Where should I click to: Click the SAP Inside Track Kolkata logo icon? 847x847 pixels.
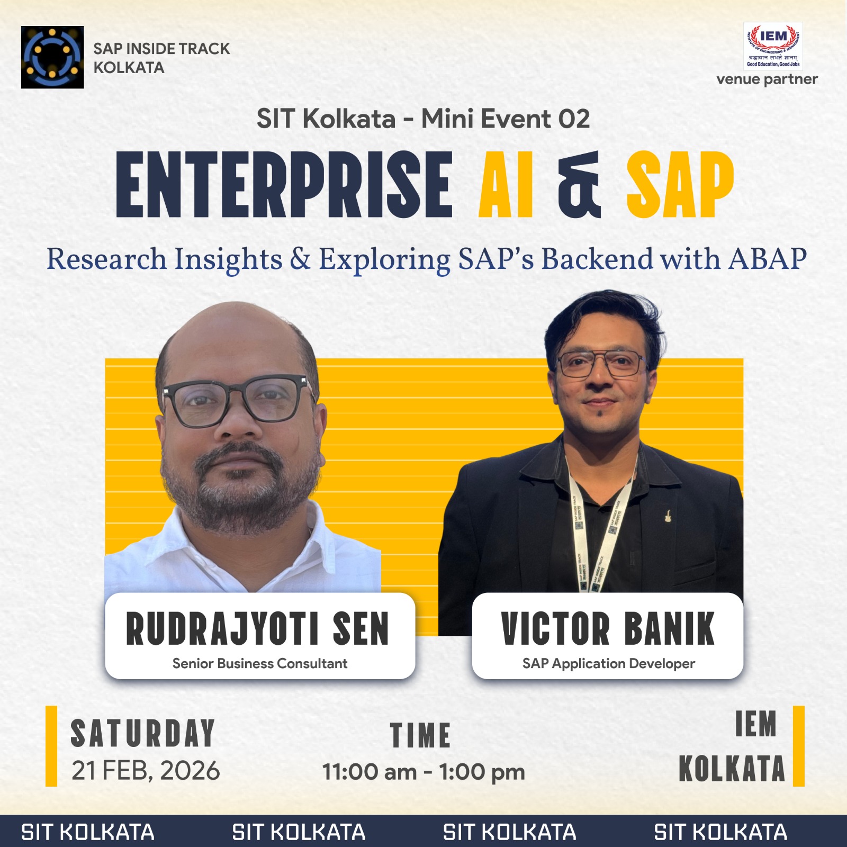click(x=52, y=57)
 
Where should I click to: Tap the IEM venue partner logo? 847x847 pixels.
click(x=773, y=46)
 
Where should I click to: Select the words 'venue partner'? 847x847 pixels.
click(x=767, y=79)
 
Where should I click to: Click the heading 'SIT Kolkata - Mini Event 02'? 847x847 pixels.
click(x=423, y=119)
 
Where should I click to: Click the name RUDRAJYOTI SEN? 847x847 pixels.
click(x=258, y=629)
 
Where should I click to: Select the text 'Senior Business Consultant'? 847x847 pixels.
click(x=260, y=663)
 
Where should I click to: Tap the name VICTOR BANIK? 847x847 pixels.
click(x=608, y=629)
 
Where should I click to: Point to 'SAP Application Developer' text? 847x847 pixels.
click(x=608, y=663)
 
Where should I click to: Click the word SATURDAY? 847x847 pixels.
click(x=143, y=734)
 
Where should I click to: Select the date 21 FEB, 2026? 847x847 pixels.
click(x=146, y=771)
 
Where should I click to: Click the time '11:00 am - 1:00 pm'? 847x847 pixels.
click(x=424, y=772)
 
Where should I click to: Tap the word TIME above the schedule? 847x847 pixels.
click(x=420, y=735)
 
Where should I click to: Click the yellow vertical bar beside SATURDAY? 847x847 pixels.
click(x=51, y=746)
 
